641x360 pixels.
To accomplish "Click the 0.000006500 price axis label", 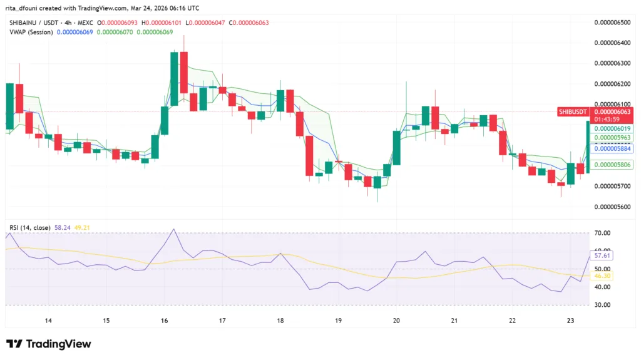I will [x=612, y=22].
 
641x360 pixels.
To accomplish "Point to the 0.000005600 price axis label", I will [x=612, y=207].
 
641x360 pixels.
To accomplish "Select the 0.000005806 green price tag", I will [x=612, y=165].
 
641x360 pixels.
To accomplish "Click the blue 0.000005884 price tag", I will [x=612, y=149].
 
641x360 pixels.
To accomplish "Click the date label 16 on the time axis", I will [x=165, y=321].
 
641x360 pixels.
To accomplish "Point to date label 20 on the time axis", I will [x=396, y=321].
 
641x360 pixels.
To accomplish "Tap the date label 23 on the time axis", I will [x=570, y=321].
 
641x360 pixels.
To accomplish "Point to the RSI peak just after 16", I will [x=173, y=229].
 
